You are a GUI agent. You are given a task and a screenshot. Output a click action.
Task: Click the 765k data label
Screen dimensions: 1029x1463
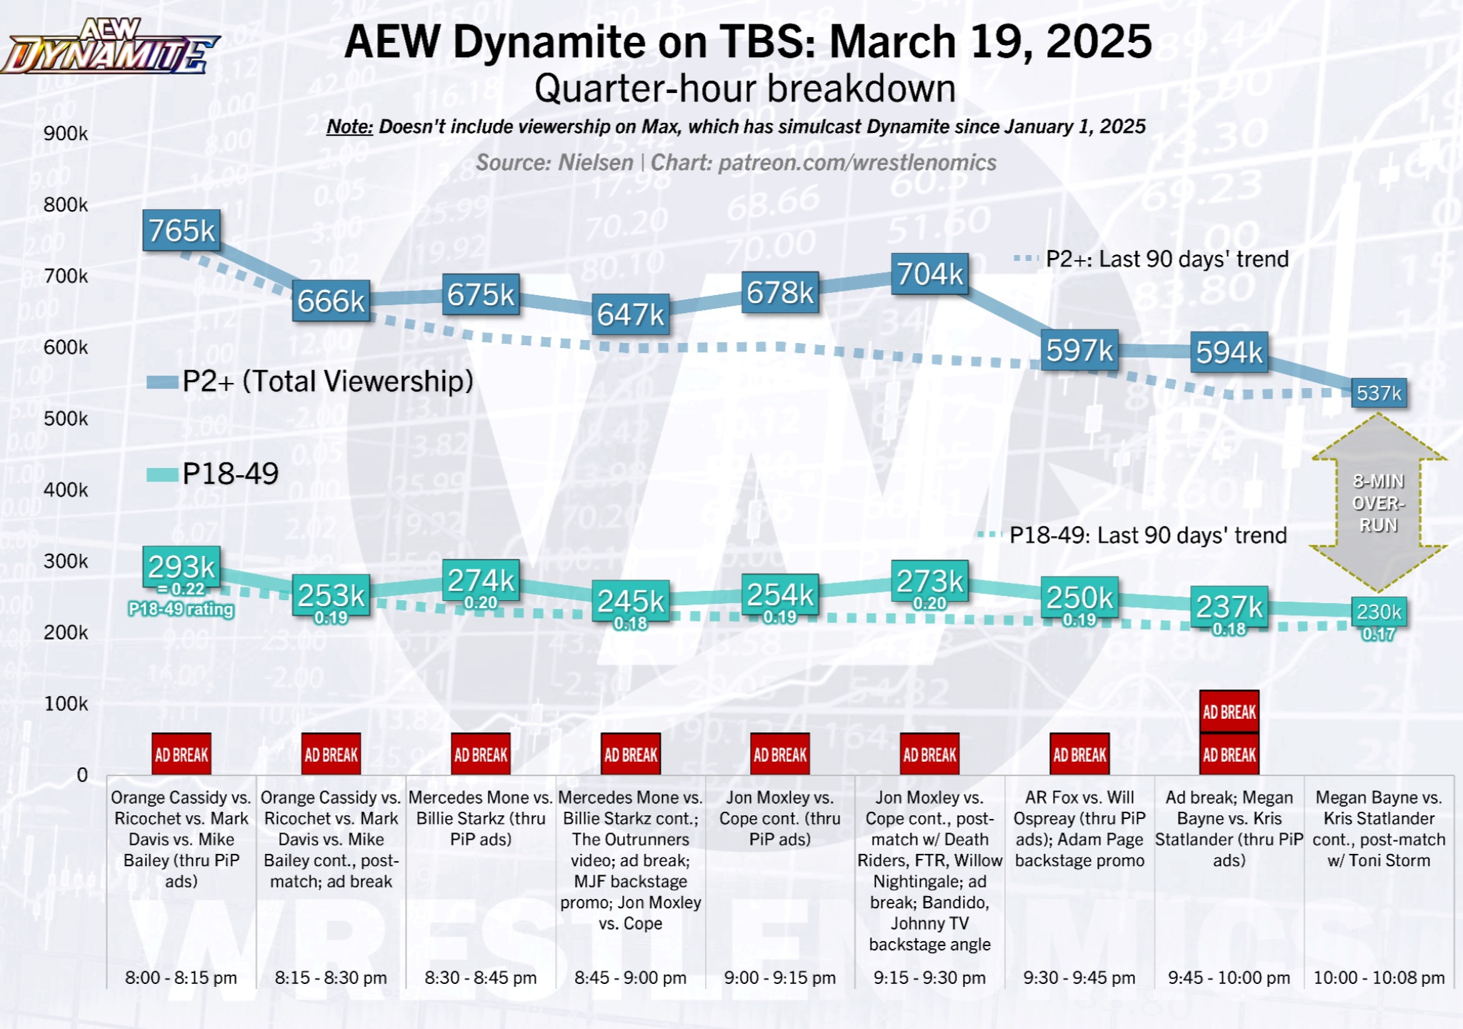click(x=181, y=231)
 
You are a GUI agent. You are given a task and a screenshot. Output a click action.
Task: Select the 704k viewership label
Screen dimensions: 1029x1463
click(x=929, y=274)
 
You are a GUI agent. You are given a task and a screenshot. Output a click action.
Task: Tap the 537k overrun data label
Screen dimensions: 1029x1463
click(x=1379, y=393)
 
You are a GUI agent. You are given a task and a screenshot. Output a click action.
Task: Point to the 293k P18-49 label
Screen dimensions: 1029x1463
click(x=181, y=567)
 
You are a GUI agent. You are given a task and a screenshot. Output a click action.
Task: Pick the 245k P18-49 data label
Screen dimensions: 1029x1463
click(x=631, y=602)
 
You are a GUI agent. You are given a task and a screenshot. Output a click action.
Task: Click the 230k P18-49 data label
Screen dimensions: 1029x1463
click(x=1379, y=612)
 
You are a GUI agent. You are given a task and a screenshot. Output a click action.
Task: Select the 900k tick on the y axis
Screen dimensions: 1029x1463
click(x=66, y=134)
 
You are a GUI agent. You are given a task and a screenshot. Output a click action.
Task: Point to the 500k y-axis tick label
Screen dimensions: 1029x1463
click(x=66, y=419)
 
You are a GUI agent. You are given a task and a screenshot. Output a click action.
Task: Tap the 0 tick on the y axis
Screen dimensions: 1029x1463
click(x=82, y=775)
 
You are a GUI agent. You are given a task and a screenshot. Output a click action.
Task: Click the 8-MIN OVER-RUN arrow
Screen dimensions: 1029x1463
click(x=1378, y=503)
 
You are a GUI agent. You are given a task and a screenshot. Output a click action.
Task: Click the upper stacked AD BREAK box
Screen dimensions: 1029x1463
click(x=1229, y=712)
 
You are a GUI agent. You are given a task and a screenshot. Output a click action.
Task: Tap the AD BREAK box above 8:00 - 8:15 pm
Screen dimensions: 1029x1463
click(x=181, y=755)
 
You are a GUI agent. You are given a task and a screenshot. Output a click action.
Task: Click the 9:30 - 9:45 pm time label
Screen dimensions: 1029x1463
click(x=1079, y=978)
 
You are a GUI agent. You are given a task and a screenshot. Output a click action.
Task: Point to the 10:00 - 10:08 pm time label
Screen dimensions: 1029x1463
click(x=1379, y=978)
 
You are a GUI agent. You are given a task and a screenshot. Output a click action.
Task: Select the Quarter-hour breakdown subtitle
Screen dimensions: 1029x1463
click(x=744, y=89)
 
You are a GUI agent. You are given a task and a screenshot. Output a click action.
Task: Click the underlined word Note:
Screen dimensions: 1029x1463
click(x=349, y=127)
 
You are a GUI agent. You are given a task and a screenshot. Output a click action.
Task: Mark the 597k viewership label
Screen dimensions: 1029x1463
click(x=1079, y=351)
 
